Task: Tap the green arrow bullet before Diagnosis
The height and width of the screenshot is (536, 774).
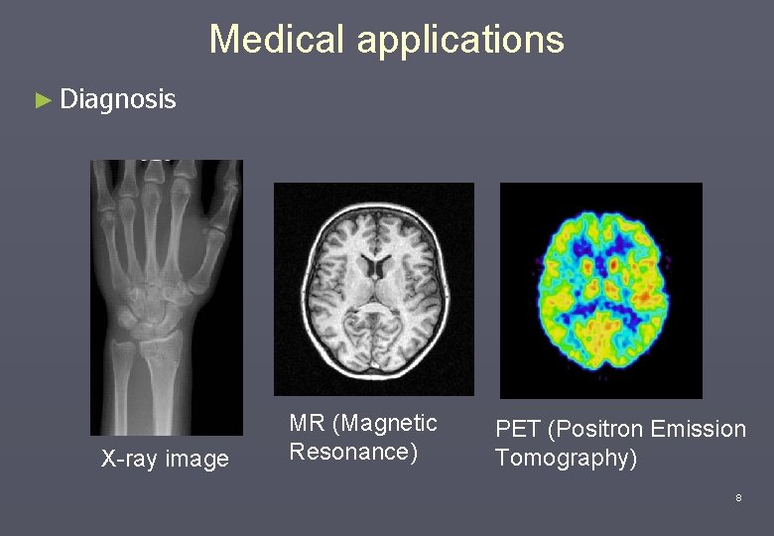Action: pyautogui.click(x=42, y=100)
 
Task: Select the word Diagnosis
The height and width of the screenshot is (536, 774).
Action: pyautogui.click(x=117, y=99)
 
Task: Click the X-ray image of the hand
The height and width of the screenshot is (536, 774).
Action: pyautogui.click(x=166, y=297)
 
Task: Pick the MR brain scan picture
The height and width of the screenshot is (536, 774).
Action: pyautogui.click(x=373, y=288)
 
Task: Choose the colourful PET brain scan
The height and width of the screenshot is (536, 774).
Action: pyautogui.click(x=600, y=290)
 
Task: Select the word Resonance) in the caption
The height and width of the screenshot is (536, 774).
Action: pyautogui.click(x=352, y=452)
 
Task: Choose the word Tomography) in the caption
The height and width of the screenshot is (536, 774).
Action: pyautogui.click(x=566, y=458)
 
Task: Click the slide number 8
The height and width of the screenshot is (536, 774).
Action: pyautogui.click(x=738, y=497)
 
